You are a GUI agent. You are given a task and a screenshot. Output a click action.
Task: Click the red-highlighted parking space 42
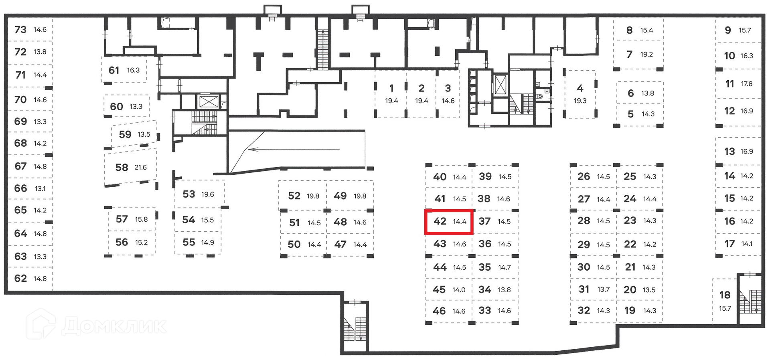click(x=449, y=221)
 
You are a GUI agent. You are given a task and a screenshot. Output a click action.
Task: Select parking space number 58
click(x=130, y=168)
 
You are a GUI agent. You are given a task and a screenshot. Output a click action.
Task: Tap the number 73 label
click(x=20, y=30)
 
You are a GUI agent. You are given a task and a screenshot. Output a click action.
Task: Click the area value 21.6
click(x=140, y=168)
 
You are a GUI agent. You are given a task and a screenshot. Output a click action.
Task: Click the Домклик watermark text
click(x=114, y=326)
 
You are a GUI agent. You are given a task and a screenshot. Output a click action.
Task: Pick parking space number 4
click(x=580, y=94)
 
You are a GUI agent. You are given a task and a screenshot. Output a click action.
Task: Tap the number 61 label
click(x=114, y=71)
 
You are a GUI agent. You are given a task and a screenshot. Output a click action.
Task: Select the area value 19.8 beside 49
click(x=360, y=196)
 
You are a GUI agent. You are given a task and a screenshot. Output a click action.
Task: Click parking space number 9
click(x=737, y=30)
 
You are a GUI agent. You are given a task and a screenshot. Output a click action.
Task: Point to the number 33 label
click(x=484, y=311)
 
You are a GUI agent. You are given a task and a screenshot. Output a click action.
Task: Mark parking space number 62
click(x=30, y=279)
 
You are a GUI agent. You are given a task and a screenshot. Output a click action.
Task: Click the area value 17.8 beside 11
click(x=747, y=84)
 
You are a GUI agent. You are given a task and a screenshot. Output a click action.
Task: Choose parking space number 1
click(x=391, y=94)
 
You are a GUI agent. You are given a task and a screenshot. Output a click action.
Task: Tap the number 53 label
click(x=188, y=194)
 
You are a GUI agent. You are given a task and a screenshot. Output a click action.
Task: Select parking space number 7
click(x=638, y=54)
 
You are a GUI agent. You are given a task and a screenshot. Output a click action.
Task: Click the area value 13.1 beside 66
click(x=40, y=188)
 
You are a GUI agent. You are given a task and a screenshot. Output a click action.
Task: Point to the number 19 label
click(x=630, y=311)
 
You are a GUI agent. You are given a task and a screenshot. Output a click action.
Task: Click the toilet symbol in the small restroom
click(x=540, y=96)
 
